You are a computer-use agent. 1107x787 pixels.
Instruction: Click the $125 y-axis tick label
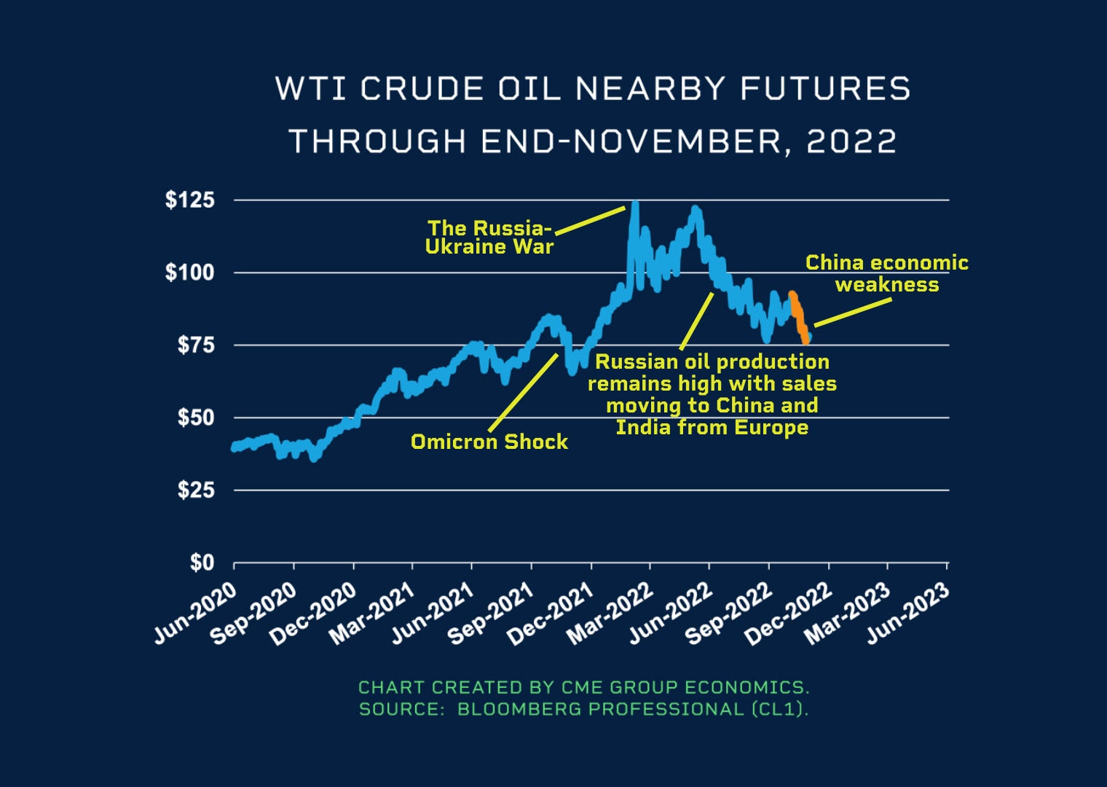189,200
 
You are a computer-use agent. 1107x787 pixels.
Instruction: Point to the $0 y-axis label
202,563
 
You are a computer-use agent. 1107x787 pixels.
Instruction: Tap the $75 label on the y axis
196,345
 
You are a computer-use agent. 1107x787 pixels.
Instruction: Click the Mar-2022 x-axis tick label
611,614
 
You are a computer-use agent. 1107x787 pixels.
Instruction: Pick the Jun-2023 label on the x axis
908,614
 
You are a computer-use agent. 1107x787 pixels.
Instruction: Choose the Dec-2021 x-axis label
551,615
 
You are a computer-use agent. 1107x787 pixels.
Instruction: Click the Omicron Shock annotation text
489,442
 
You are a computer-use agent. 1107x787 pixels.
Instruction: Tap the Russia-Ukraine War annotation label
489,238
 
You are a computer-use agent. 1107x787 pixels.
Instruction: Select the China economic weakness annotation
886,273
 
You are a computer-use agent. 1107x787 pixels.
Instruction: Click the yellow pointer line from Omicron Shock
524,392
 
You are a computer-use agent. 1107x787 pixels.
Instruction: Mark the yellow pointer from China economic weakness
852,312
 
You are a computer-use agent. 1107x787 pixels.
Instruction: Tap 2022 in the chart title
851,141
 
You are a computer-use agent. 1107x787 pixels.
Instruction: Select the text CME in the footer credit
580,687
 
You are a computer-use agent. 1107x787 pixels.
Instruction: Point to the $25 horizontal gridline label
196,490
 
